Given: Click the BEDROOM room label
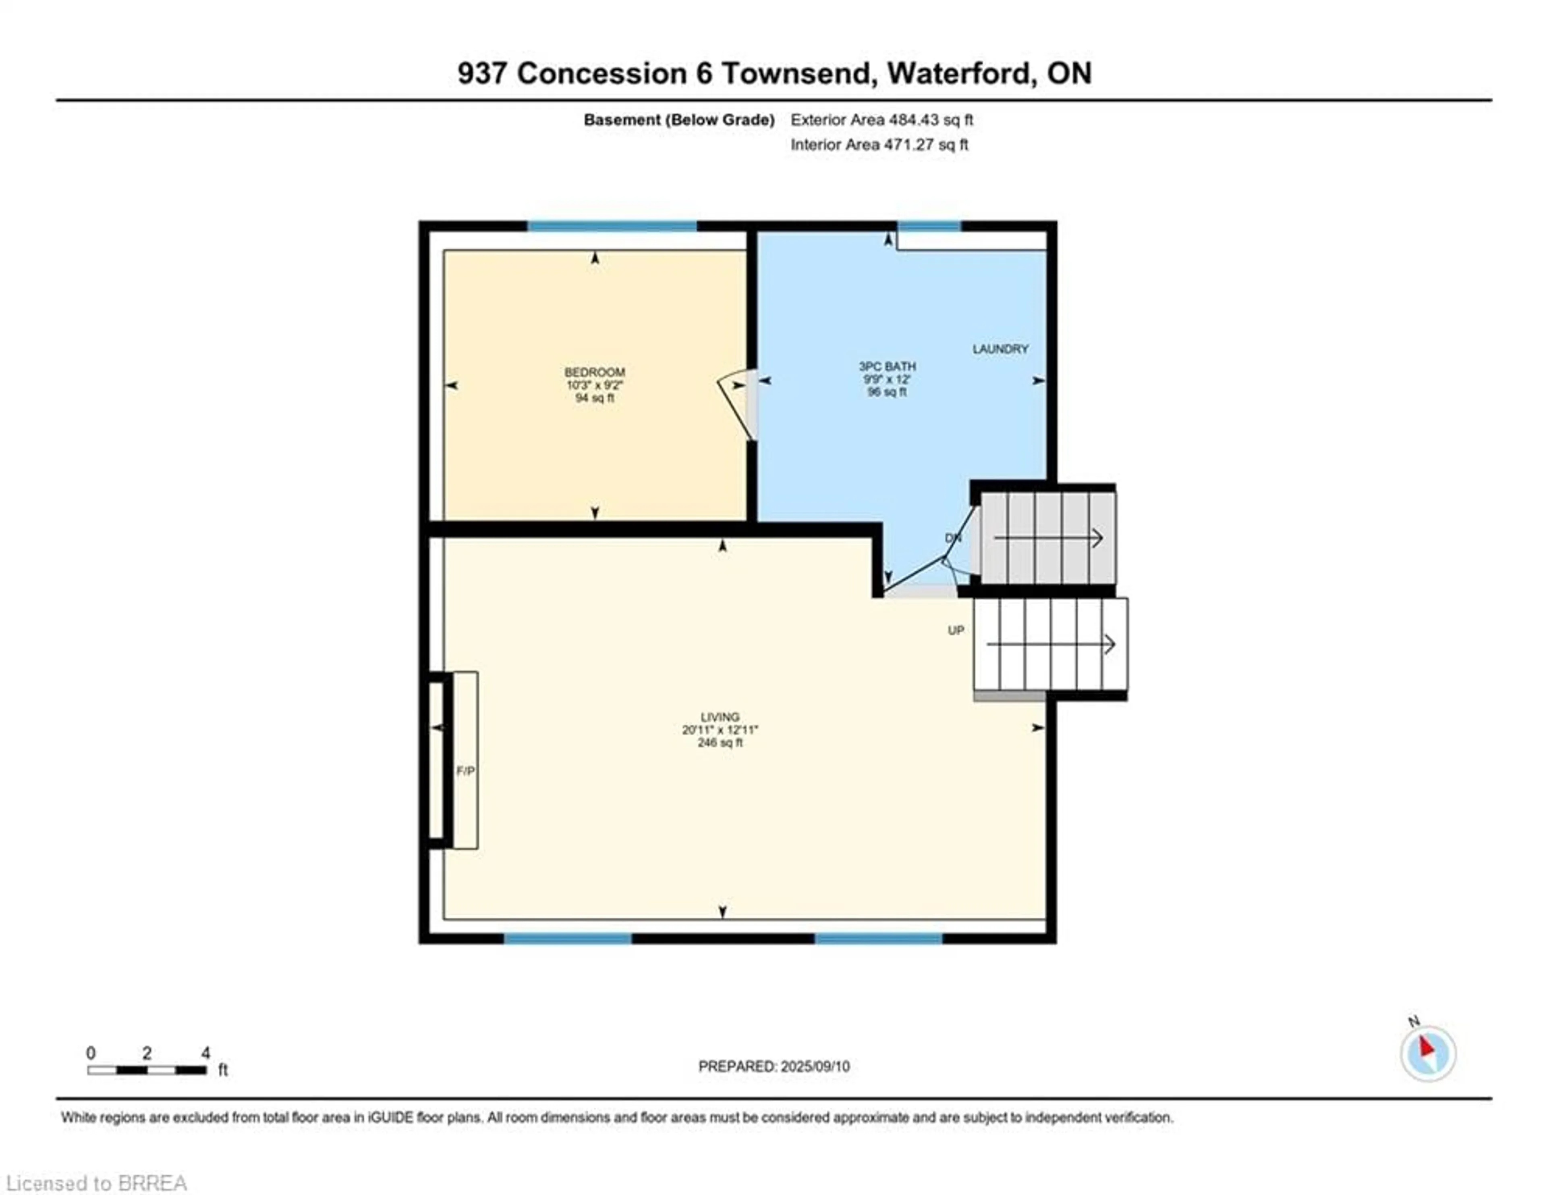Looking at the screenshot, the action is (x=594, y=372).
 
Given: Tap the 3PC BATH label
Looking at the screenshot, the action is (x=887, y=366).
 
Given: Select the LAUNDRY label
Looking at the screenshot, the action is (x=1000, y=349).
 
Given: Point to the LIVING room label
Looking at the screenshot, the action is (x=720, y=716).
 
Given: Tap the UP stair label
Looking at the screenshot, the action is (x=956, y=630).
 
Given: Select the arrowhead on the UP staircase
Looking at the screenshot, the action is (x=1110, y=644).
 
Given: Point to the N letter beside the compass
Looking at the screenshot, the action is (x=1413, y=1021).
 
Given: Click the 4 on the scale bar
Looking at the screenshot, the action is (x=205, y=1053).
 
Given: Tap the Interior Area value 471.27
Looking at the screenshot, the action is (x=907, y=145).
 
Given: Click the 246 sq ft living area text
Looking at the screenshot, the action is (x=720, y=743).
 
